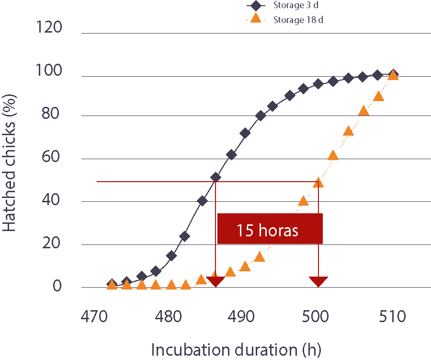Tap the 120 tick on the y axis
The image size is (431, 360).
pyautogui.click(x=49, y=28)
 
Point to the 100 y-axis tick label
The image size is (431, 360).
pyautogui.click(x=49, y=71)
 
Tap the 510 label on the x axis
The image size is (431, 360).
pyautogui.click(x=393, y=317)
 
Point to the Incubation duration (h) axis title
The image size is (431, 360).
pyautogui.click(x=237, y=349)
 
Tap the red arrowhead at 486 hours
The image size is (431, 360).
pyautogui.click(x=215, y=281)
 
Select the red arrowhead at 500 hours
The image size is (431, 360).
pyautogui.click(x=318, y=281)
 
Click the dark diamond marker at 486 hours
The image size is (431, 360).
pyautogui.click(x=215, y=177)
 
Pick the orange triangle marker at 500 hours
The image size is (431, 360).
pyautogui.click(x=318, y=182)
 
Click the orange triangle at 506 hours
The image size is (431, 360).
pyautogui.click(x=363, y=111)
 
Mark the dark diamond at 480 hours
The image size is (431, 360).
pyautogui.click(x=171, y=255)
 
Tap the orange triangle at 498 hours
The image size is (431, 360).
pyautogui.click(x=303, y=200)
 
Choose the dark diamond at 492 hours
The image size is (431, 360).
pyautogui.click(x=261, y=116)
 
